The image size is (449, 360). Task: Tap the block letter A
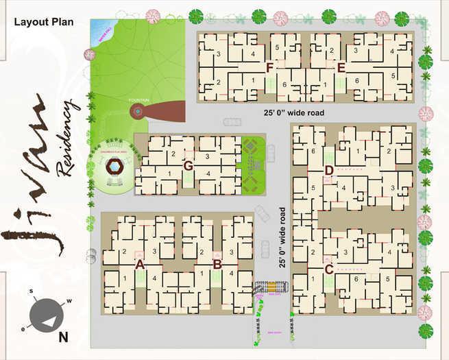click(x=139, y=264)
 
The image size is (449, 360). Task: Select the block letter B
click(x=217, y=264)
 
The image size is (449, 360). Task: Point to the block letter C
click(x=328, y=269)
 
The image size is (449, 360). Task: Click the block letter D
click(x=328, y=170)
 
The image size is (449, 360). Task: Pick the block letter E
click(x=341, y=67)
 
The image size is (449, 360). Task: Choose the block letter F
click(x=270, y=67)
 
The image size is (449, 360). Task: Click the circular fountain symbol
click(x=138, y=110)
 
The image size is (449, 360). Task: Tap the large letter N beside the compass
click(x=63, y=337)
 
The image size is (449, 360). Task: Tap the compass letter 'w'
click(x=69, y=301)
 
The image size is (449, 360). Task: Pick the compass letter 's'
click(x=31, y=291)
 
